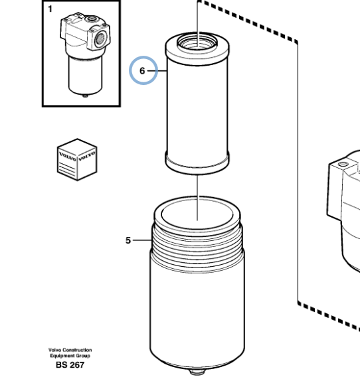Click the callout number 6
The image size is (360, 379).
click(x=141, y=70)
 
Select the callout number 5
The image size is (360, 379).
click(x=128, y=240)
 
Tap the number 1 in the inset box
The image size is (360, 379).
click(x=48, y=9)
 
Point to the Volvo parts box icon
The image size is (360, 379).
click(x=76, y=159)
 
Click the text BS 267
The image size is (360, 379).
click(x=70, y=364)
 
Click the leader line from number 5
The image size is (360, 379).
click(x=143, y=240)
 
